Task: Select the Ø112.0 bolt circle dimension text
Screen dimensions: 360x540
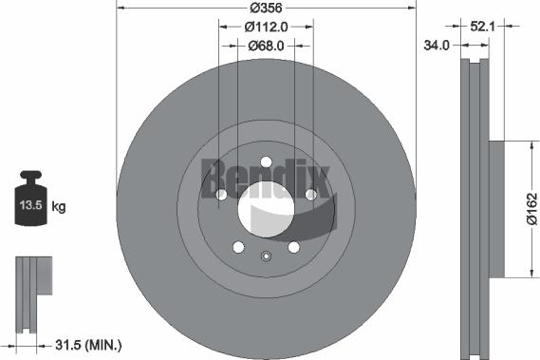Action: tap(266, 27)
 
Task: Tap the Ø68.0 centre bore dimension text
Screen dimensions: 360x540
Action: tap(266, 46)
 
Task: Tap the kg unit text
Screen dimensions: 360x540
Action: tap(58, 206)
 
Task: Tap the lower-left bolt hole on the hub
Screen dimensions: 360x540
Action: tap(238, 246)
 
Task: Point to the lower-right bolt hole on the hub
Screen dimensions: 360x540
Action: tap(293, 246)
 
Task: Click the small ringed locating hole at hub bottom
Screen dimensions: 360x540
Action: tap(266, 254)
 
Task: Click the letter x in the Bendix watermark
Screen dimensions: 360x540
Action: tap(321, 180)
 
